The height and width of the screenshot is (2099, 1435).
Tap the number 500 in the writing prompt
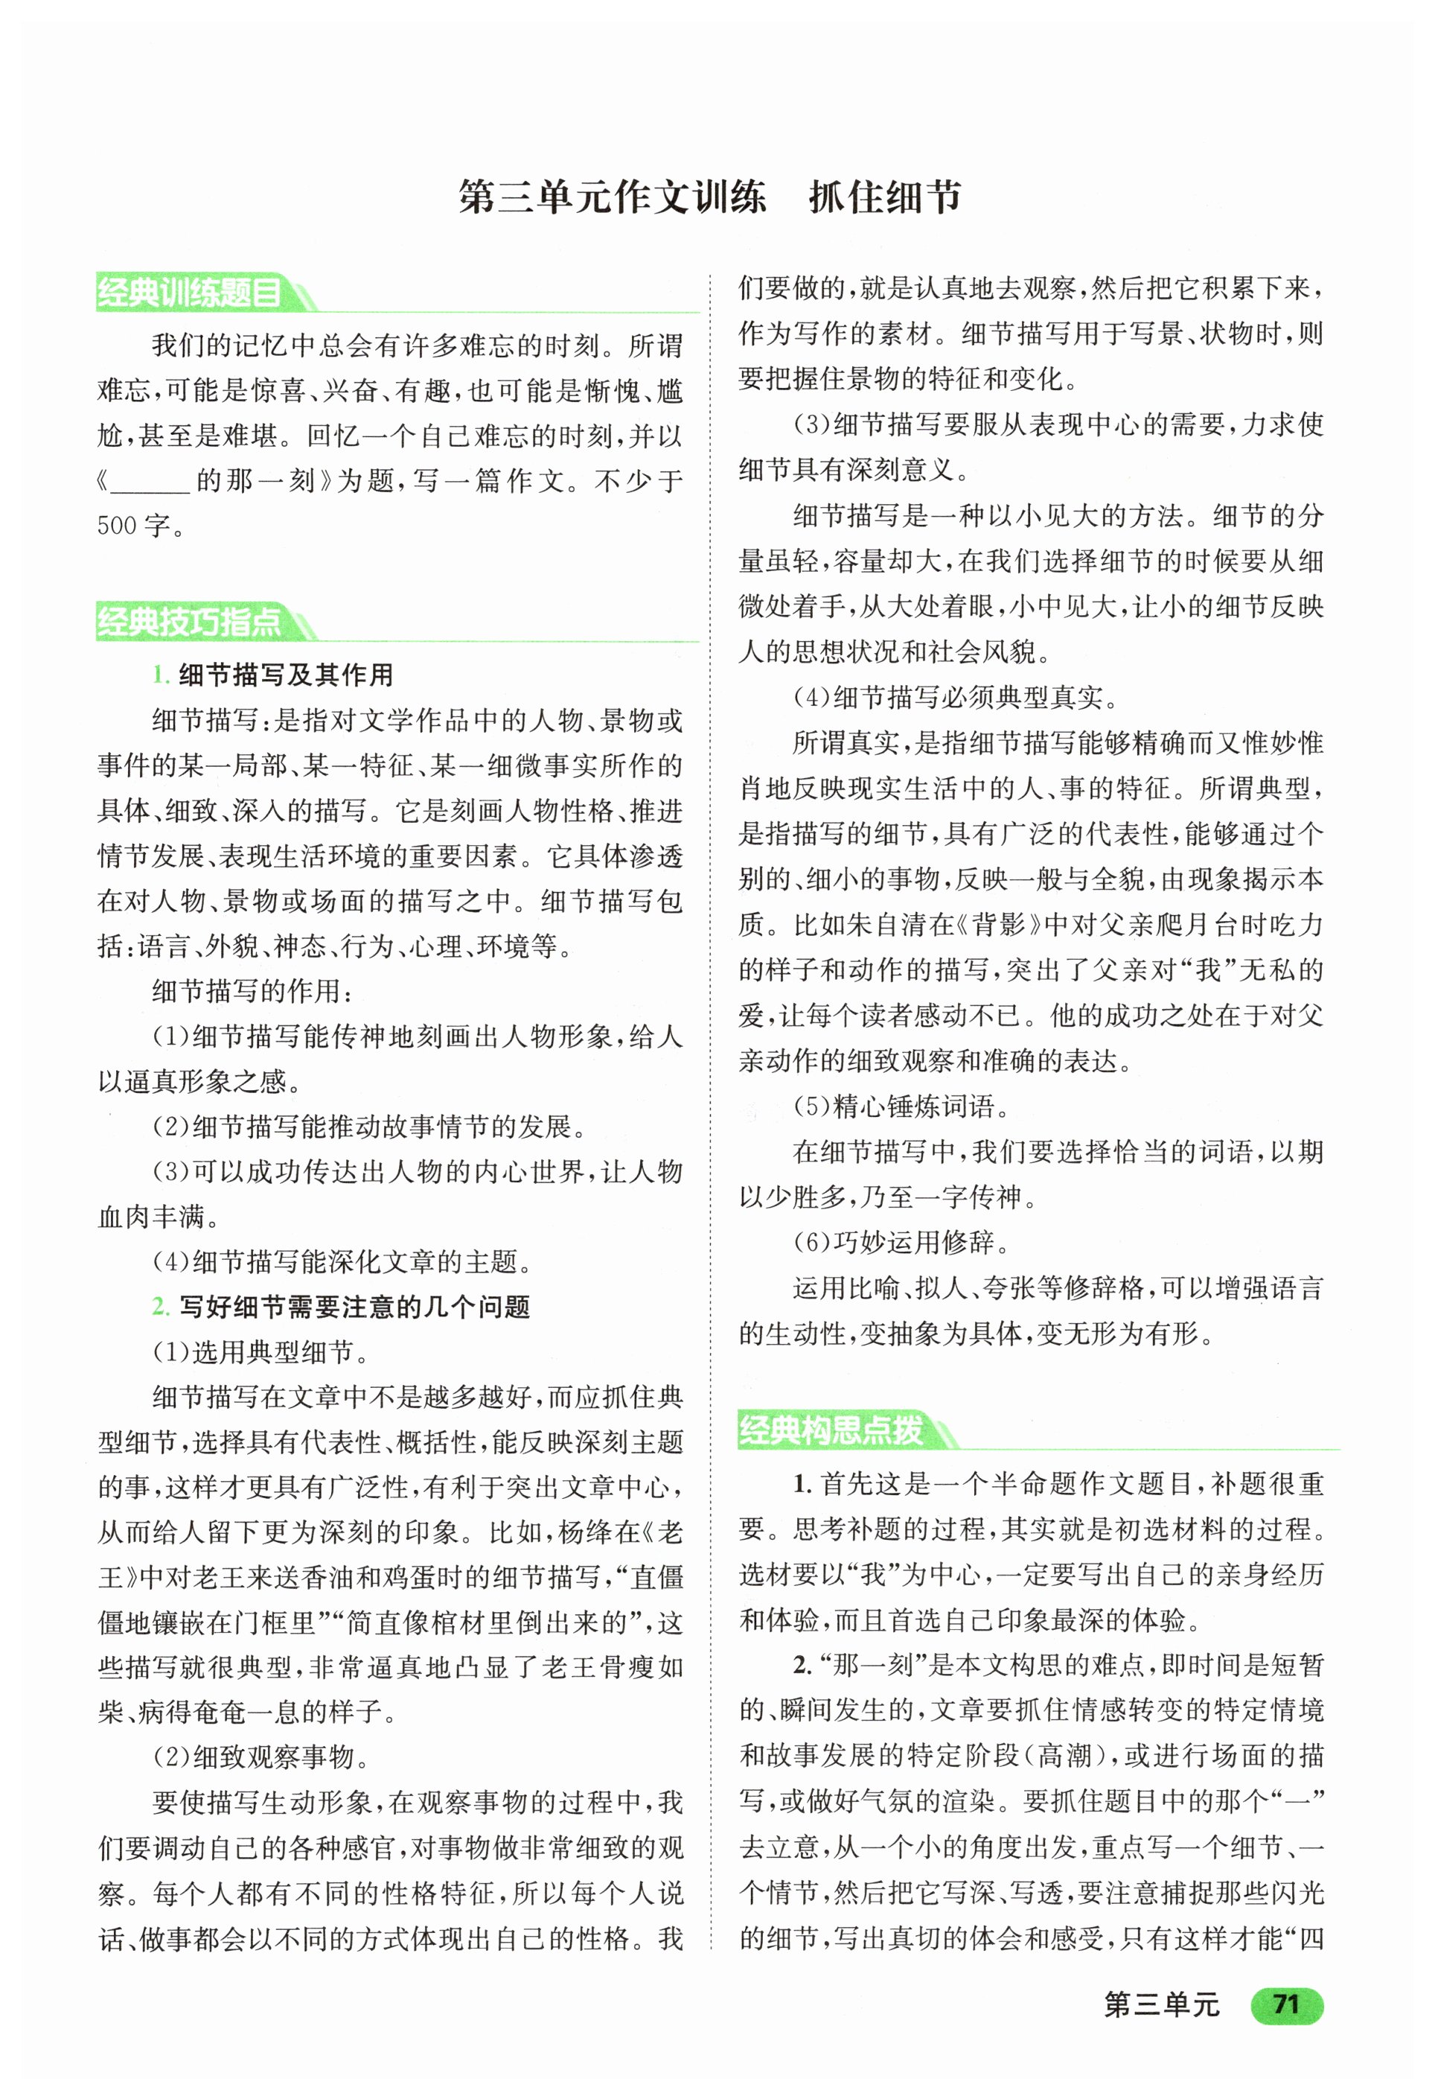click(x=117, y=526)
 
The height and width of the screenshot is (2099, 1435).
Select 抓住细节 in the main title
click(x=885, y=197)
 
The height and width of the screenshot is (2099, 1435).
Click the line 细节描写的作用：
click(x=253, y=991)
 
